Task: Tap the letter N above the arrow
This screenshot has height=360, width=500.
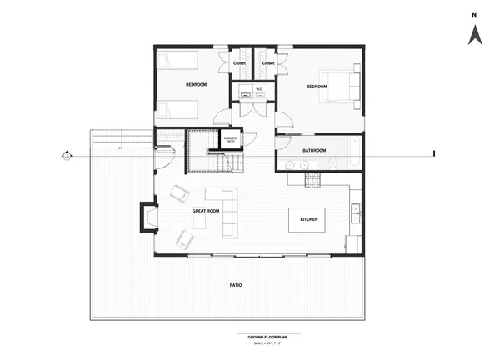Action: coord(472,14)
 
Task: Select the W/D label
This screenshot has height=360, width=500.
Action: coord(259,88)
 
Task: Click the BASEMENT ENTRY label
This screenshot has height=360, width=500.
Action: coord(231,139)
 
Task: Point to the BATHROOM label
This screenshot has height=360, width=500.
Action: coord(314,150)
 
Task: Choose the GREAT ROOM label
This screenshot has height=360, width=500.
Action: coord(205,211)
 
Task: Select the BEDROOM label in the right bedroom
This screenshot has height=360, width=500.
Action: coord(317,87)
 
